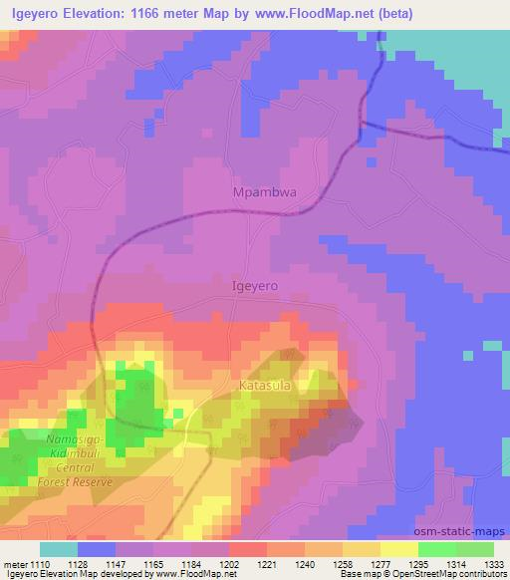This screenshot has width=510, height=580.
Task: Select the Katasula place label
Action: pos(265,383)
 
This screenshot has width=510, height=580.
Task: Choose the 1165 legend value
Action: pos(154,564)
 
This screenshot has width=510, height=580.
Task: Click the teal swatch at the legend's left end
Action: pos(59,549)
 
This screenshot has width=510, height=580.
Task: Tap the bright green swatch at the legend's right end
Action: pos(474,549)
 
